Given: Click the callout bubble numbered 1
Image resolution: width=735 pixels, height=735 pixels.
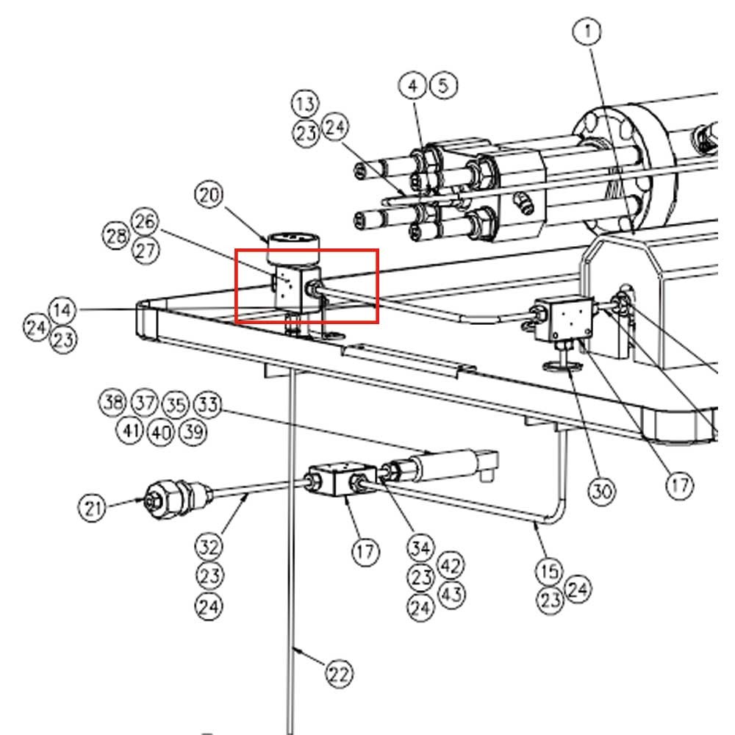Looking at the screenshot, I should point(588,32).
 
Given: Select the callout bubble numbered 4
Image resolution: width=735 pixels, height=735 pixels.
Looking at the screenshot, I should point(413,86).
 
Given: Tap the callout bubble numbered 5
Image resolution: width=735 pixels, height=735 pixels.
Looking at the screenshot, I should point(442,85).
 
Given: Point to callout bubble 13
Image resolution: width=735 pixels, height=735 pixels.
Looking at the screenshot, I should point(305,103).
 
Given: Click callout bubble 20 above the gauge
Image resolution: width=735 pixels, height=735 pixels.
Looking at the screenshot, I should point(209,196).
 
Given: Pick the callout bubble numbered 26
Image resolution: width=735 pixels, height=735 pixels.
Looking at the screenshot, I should point(145,220).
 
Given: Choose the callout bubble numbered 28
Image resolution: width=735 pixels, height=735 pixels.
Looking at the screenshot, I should point(115,237).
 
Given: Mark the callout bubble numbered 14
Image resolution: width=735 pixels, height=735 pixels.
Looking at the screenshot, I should point(63,309).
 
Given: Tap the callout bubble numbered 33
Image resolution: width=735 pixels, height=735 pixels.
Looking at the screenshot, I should point(207,404).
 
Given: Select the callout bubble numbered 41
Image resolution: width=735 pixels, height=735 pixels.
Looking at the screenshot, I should point(130,431).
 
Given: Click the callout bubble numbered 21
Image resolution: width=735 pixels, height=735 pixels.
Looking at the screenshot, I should point(93,507).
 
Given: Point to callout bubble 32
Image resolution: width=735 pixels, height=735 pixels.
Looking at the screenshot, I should point(209,547).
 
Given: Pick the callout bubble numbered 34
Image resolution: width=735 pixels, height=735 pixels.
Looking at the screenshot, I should point(421,548).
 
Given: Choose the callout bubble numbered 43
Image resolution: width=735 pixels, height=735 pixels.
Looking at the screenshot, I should point(451,593).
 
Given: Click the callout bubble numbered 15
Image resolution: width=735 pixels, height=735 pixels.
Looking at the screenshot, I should point(549,570).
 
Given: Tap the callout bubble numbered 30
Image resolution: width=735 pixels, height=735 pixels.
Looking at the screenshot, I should point(602,491).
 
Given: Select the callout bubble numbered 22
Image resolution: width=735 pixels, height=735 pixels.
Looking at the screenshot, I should point(339,673).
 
